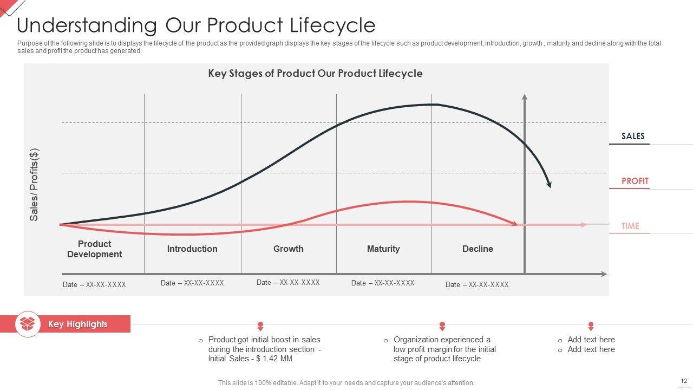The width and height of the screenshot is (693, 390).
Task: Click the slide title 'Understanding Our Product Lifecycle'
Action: pos(196,25)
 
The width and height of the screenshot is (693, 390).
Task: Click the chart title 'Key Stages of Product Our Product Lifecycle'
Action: pos(315,73)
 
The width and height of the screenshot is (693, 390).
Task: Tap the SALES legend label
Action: pos(633,136)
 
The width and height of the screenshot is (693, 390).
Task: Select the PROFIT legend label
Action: pos(635,181)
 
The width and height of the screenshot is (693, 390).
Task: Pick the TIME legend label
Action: pos(630,226)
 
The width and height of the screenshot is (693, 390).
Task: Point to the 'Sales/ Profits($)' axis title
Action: pos(34,184)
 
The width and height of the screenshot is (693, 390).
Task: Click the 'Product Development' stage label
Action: pos(94,249)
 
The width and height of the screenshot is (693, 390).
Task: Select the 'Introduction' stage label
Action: pos(192,249)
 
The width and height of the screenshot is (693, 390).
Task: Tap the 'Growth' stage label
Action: pos(288,249)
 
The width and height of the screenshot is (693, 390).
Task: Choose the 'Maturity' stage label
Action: pos(383,249)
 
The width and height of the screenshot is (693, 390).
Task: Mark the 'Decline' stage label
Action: pos(478,249)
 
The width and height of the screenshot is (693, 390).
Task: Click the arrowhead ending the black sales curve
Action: pos(549,184)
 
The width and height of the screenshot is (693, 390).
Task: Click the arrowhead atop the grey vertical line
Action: pos(524,97)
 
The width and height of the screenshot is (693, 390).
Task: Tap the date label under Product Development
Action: pos(94,284)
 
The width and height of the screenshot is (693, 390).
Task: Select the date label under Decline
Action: pos(477,284)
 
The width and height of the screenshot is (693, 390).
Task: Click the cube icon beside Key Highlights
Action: pos(28,324)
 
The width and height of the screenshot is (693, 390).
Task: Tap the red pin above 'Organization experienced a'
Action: pos(442,326)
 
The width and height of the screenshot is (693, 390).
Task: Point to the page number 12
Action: pos(684,381)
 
